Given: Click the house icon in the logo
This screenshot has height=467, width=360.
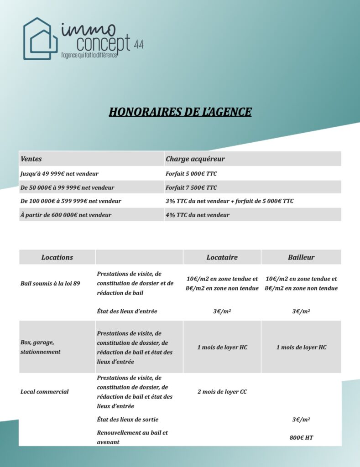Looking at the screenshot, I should [x=41, y=38].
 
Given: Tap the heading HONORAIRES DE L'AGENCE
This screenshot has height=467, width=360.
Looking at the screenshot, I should [x=180, y=112].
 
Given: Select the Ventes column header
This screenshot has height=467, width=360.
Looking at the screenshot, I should [x=31, y=159].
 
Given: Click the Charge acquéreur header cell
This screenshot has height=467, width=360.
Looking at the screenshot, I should [x=195, y=159].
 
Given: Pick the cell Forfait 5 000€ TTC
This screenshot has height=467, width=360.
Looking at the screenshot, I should [x=191, y=174].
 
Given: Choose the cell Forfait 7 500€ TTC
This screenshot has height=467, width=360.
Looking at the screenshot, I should [x=191, y=187].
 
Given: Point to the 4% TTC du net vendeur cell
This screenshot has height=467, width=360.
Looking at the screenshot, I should [x=198, y=215].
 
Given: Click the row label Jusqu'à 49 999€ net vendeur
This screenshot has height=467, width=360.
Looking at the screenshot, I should [x=59, y=174].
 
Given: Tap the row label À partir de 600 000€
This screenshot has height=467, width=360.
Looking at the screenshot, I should [x=66, y=215].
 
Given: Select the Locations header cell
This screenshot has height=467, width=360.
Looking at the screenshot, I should [x=57, y=257].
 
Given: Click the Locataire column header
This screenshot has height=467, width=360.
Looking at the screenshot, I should [x=222, y=257].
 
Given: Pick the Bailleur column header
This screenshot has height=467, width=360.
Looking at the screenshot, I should [x=301, y=257].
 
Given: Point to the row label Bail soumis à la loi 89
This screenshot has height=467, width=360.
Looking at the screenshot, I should [x=50, y=284].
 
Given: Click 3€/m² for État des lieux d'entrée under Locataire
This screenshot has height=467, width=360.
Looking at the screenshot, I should [x=222, y=311].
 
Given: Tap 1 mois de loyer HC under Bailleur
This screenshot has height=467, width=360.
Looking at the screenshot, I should [x=301, y=347].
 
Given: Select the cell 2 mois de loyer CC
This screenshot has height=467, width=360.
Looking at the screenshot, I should [x=222, y=392].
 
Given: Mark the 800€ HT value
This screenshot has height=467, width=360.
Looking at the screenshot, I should [x=301, y=437].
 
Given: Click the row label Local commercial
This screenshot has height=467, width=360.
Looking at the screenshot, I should [x=45, y=392].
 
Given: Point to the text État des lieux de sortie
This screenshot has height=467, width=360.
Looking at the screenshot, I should [x=128, y=420].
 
